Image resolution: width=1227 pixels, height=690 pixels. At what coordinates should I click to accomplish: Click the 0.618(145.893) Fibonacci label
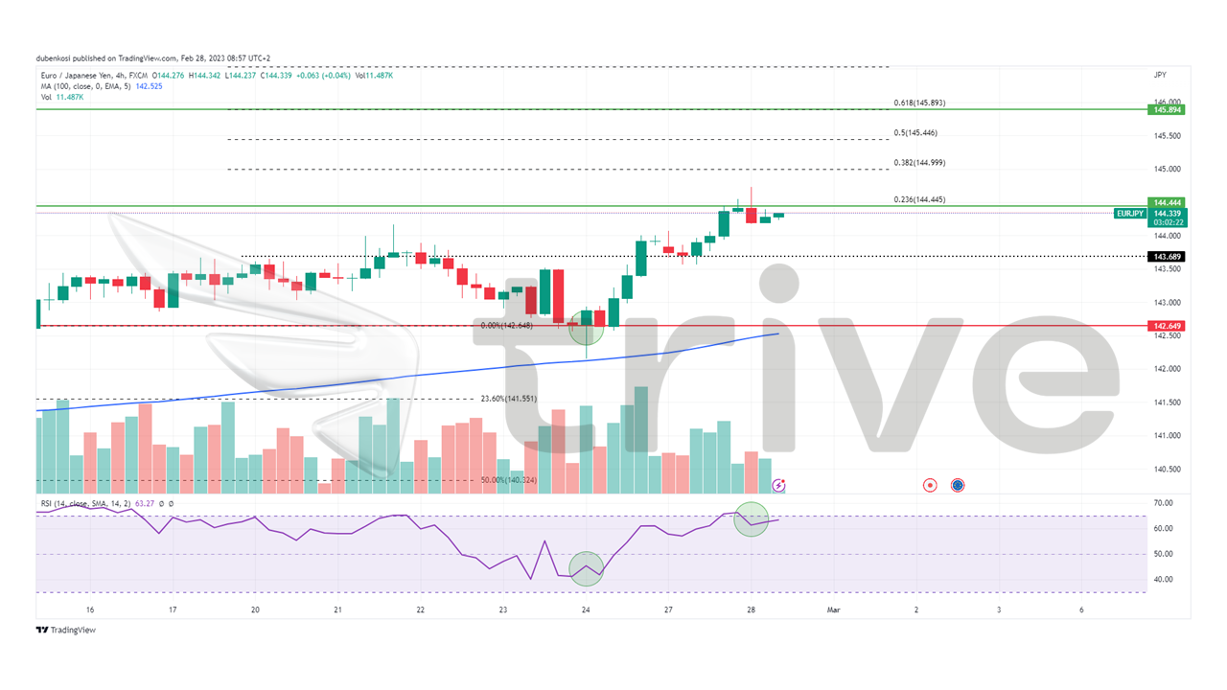click(x=919, y=103)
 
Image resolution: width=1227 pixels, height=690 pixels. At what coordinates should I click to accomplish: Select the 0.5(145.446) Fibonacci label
click(x=915, y=133)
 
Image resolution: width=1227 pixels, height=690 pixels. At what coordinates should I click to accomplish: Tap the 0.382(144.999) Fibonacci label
click(x=918, y=163)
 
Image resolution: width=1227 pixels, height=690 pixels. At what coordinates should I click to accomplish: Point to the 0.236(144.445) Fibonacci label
click(x=918, y=199)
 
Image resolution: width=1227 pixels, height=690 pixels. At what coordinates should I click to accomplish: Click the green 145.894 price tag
click(x=1168, y=110)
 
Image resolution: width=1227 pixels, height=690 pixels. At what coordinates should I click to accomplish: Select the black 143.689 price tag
click(x=1168, y=257)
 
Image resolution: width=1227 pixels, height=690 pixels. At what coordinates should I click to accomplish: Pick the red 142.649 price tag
click(x=1168, y=326)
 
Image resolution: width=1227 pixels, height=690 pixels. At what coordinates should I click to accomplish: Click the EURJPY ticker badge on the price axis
click(x=1129, y=214)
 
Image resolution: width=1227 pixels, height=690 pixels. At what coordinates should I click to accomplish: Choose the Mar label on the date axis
click(x=833, y=609)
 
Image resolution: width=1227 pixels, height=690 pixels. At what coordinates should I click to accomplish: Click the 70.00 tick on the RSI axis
click(x=1164, y=503)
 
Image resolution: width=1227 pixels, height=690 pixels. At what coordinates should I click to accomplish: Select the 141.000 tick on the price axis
click(x=1166, y=436)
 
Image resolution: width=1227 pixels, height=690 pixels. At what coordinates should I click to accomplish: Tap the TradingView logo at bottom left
click(x=66, y=630)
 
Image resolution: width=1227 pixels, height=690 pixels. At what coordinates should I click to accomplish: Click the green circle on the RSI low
click(x=586, y=568)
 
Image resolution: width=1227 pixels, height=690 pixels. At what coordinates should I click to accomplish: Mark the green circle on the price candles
click(x=586, y=327)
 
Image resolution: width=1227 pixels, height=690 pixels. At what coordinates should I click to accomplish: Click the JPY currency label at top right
click(x=1160, y=75)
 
